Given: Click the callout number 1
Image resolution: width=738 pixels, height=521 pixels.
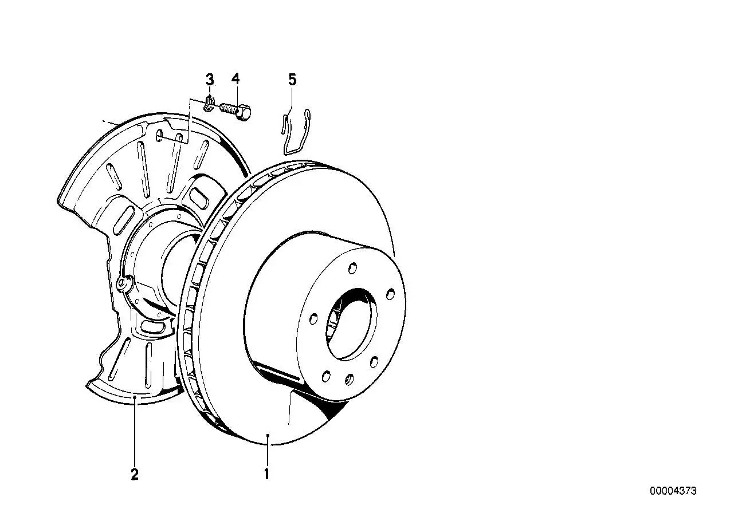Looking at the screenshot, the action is (266, 474).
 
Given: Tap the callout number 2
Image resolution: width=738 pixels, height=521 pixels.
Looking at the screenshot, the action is (135, 474).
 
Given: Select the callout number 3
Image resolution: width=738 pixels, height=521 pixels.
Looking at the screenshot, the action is (210, 80).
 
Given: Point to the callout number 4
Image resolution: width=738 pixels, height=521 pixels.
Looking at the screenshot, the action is (235, 80).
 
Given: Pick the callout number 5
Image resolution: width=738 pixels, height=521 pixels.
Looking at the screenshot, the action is (292, 80).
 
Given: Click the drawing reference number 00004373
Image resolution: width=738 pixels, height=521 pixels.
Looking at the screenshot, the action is (673, 500).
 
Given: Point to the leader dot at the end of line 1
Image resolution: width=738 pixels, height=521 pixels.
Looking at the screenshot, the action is (268, 435).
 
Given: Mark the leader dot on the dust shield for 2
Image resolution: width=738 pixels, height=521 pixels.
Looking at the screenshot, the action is (135, 397).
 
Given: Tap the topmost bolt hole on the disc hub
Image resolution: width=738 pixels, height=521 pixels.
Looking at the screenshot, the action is (352, 269).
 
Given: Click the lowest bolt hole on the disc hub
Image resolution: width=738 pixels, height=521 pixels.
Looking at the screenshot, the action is (350, 380).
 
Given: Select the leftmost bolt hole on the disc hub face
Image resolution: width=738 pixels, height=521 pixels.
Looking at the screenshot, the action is (313, 318).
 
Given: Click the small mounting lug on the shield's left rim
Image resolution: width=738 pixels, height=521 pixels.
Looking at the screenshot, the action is (124, 282).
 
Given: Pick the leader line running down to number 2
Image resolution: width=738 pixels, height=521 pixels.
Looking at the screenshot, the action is (135, 431).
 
